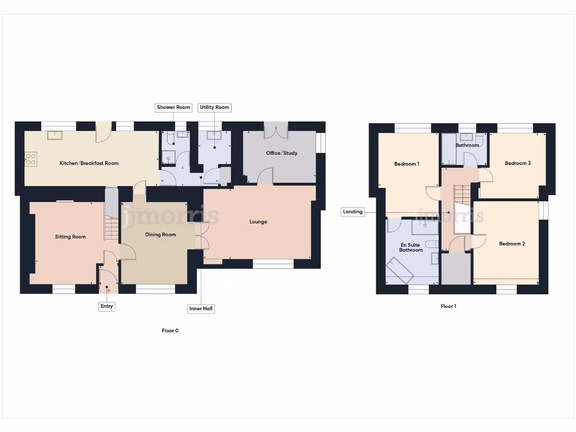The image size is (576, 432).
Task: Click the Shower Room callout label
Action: (174, 107)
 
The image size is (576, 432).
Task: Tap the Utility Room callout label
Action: (214, 107)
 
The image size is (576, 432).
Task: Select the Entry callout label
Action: (107, 307)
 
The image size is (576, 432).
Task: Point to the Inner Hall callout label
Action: (201, 309)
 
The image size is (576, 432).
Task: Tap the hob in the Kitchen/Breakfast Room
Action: (30, 159)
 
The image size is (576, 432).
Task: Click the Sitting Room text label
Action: (70, 237)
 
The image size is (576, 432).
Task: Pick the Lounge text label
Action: (259, 222)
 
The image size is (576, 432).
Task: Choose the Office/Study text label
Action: (282, 153)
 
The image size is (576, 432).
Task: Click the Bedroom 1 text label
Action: (407, 164)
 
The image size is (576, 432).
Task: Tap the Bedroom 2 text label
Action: (512, 244)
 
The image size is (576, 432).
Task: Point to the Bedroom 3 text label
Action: (517, 163)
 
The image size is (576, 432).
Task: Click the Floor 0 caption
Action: (170, 331)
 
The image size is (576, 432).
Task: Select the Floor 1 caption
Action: (448, 307)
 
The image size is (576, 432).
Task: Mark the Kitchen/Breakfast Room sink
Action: (55, 134)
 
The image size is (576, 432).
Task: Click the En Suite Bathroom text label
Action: (411, 247)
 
